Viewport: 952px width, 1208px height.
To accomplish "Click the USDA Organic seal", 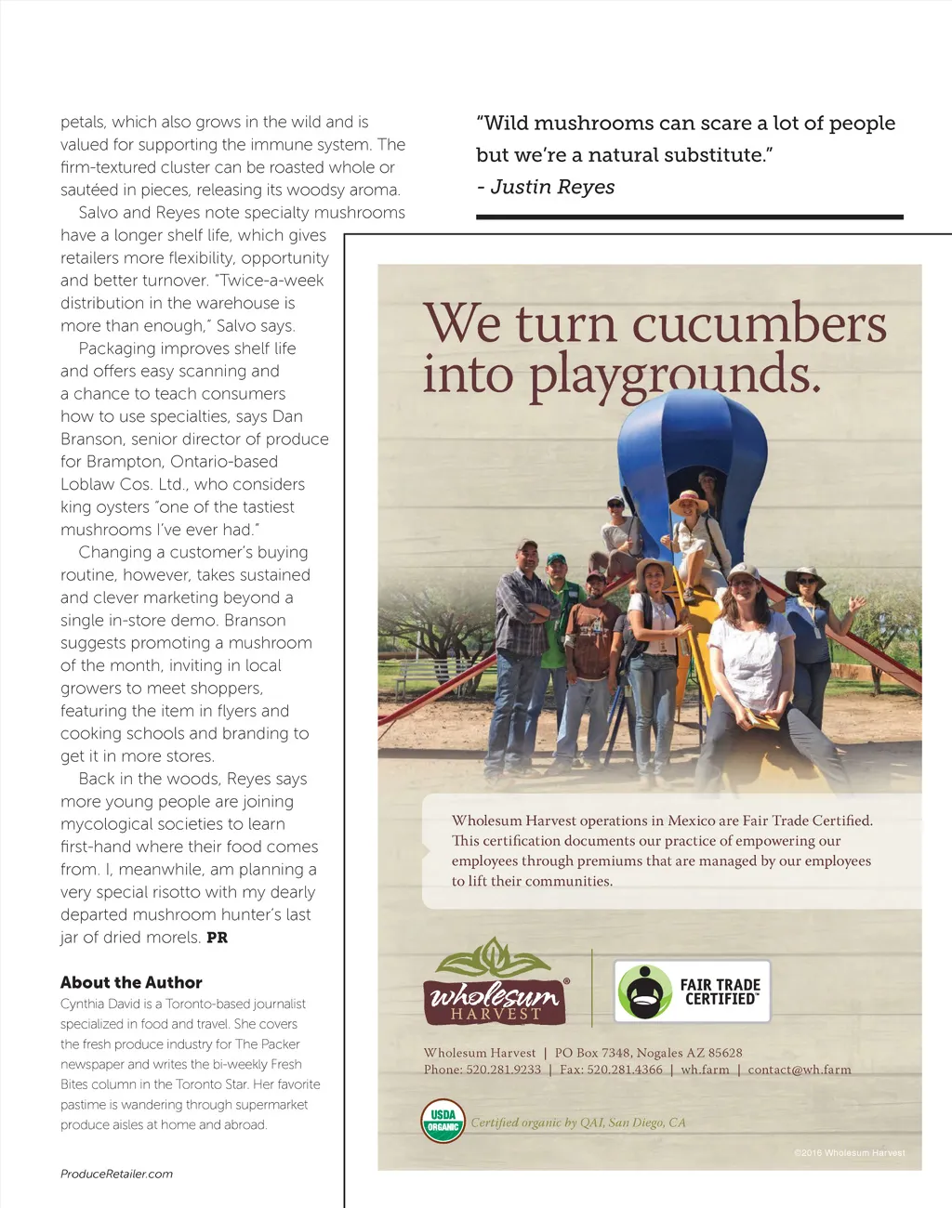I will (x=443, y=1121).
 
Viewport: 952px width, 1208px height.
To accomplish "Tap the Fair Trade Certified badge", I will (x=693, y=991).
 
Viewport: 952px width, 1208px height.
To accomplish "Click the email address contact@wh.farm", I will (x=800, y=1070).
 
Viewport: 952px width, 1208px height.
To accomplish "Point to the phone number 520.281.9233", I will (x=503, y=1070).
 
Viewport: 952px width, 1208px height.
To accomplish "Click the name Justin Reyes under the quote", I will (x=552, y=187).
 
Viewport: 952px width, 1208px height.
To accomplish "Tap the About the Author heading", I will (x=131, y=982).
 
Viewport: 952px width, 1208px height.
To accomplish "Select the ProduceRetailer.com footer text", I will (x=116, y=1174).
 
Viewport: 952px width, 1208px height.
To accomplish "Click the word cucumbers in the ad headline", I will (x=759, y=324).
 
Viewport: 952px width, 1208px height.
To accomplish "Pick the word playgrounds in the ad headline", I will (x=675, y=374).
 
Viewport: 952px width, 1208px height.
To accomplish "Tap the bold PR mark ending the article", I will (x=217, y=938).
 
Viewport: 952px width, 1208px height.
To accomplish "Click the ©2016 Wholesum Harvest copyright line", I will (x=849, y=1153).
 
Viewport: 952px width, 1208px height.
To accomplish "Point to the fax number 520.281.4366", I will (x=625, y=1070).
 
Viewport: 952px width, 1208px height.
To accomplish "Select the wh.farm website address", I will (x=705, y=1070).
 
